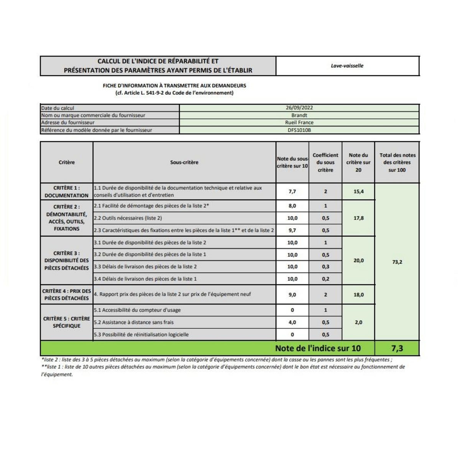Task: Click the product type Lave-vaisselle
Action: tap(347, 66)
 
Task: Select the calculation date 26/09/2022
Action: tap(299, 108)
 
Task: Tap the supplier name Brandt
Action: tap(299, 115)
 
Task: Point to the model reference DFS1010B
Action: tap(299, 130)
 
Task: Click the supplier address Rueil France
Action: tap(299, 123)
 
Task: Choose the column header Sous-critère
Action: tap(184, 163)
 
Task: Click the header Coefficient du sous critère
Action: tap(325, 163)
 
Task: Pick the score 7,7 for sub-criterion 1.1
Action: tap(292, 192)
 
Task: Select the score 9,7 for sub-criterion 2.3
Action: tap(292, 230)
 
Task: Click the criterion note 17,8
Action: tap(358, 218)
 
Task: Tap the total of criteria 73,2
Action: tap(398, 262)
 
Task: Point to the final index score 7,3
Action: tap(397, 348)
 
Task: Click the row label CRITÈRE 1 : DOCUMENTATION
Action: tap(67, 192)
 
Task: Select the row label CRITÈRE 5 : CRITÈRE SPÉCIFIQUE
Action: tap(67, 322)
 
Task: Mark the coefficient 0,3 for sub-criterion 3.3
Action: tap(325, 267)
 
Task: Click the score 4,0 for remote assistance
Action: tap(292, 322)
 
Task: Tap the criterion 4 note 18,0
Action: tap(358, 295)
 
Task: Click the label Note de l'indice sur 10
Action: tap(318, 348)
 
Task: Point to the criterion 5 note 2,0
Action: tap(358, 322)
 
